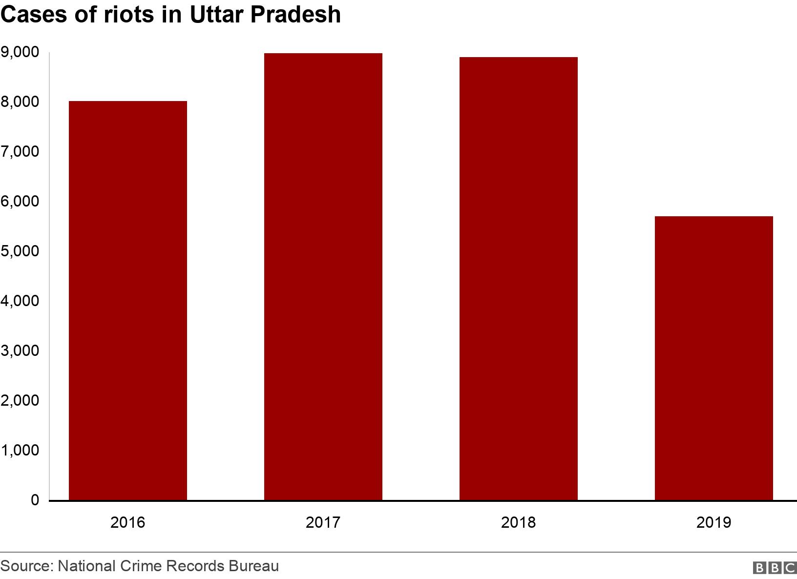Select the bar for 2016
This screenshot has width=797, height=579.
pos(128,300)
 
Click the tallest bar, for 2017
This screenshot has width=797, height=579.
pos(323,276)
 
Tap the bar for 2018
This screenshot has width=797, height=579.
pos(519,278)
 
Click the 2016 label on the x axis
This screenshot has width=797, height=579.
pos(128,523)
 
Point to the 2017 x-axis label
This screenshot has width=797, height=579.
pos(323,523)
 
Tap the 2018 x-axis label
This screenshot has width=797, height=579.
pos(519,523)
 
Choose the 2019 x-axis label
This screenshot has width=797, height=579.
pos(713,523)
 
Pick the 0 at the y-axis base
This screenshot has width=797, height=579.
pos(35,500)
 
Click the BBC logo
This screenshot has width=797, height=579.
pos(775,568)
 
